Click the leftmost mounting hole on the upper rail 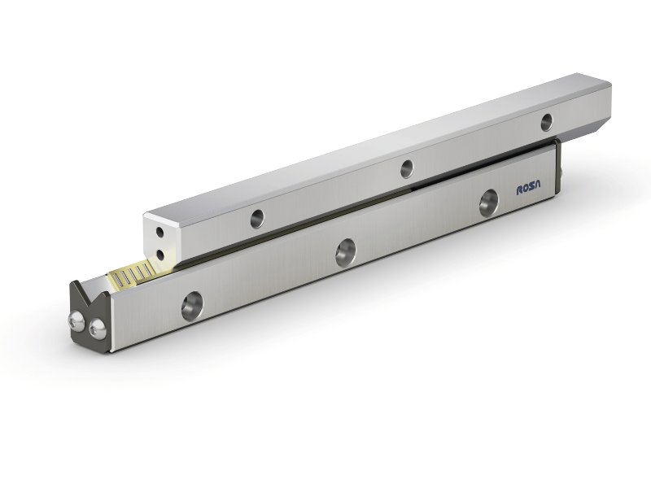click(x=257, y=217)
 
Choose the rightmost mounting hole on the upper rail click(x=547, y=121)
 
